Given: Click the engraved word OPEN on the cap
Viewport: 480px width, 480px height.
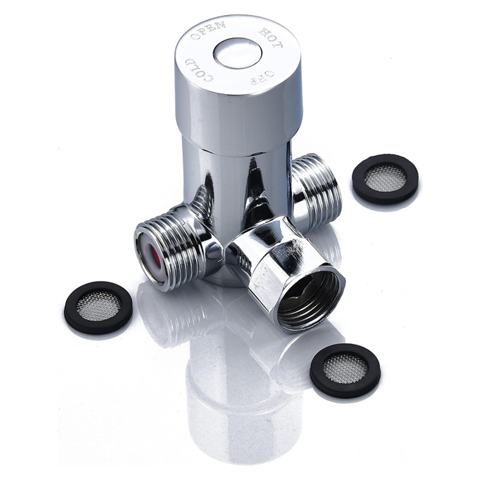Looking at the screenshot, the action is [x=208, y=31].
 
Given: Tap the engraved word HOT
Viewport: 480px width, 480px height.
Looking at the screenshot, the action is [x=271, y=38].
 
